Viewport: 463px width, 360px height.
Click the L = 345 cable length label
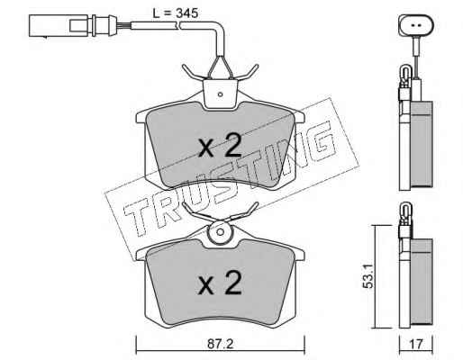click(176, 13)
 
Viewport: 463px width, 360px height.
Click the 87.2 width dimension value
click(220, 344)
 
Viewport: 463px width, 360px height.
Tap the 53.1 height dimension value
click(368, 276)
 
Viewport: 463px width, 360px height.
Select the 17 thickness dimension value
click(416, 344)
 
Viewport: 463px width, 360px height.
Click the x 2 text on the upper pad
click(220, 146)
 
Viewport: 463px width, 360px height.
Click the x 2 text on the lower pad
click(220, 283)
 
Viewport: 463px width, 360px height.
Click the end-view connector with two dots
click(416, 25)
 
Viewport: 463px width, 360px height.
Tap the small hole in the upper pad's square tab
click(220, 94)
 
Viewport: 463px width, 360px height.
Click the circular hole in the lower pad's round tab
click(221, 232)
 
